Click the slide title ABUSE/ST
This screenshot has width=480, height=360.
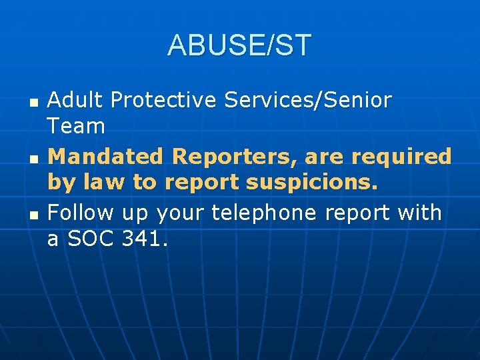point(239,45)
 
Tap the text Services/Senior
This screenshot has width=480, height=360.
point(307,100)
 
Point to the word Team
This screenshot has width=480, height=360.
point(76,126)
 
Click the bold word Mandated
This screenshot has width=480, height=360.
point(107,157)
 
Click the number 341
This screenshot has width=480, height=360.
point(145,239)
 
